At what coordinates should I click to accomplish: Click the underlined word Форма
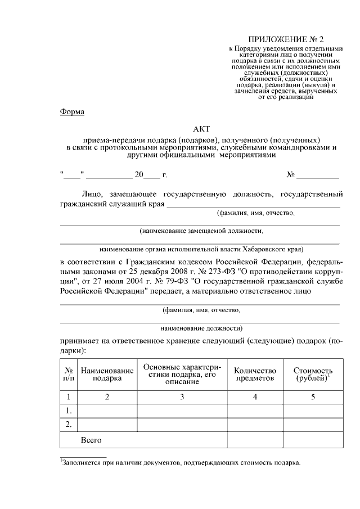72,112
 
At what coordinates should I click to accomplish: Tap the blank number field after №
318,175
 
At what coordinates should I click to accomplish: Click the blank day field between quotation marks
72,175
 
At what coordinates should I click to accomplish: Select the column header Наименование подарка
107,375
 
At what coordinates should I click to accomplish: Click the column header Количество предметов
255,375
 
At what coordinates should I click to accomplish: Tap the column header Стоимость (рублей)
313,375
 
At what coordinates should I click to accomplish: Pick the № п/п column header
69,375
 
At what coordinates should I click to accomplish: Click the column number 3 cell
182,397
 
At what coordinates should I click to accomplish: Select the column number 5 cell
313,397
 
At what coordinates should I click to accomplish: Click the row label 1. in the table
69,411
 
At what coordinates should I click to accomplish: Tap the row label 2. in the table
69,424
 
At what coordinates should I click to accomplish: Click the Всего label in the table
91,439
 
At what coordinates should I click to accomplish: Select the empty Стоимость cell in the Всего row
313,439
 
